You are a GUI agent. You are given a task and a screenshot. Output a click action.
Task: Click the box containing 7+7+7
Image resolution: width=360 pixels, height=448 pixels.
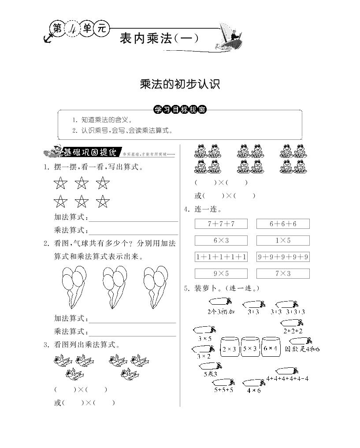(x=221, y=224)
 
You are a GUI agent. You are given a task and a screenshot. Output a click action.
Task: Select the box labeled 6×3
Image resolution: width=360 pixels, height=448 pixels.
(x=221, y=240)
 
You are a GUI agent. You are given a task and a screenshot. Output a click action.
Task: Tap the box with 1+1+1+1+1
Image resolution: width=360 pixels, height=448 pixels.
(x=221, y=257)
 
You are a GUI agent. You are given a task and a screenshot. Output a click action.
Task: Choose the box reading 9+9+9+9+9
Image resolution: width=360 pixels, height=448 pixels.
(x=283, y=257)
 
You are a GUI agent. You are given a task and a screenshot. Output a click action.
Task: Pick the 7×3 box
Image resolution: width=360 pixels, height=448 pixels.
(x=283, y=273)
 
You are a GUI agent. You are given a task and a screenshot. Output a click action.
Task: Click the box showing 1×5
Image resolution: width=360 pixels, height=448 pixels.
(x=283, y=240)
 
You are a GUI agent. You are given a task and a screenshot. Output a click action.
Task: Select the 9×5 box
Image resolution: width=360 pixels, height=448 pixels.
(x=221, y=273)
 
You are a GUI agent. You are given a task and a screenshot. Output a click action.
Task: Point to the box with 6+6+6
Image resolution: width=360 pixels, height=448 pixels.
(x=283, y=224)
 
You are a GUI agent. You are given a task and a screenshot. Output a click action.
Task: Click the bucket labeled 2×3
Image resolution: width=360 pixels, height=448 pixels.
(x=229, y=349)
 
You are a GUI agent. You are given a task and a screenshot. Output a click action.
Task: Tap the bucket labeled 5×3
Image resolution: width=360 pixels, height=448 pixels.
(x=250, y=349)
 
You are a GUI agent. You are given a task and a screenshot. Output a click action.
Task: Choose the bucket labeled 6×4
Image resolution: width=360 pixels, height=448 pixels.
(x=270, y=348)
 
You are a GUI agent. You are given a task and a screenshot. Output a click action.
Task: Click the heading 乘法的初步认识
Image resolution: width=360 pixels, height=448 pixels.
(x=180, y=84)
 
